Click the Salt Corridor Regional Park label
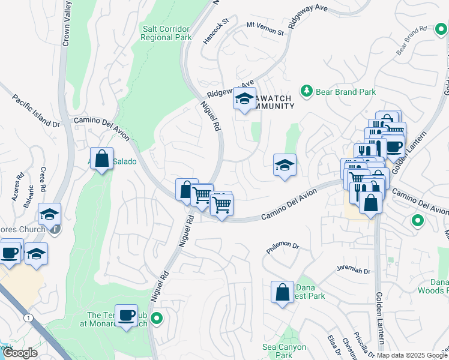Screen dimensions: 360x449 166,33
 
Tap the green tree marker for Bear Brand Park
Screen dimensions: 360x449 307,91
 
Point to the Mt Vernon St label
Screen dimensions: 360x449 265,28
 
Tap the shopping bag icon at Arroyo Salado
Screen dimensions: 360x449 102,160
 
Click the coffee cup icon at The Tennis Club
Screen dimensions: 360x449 126,316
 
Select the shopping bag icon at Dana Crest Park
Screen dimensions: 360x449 282,293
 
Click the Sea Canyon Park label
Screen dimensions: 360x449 285,351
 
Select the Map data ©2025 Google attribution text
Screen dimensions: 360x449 412,355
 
